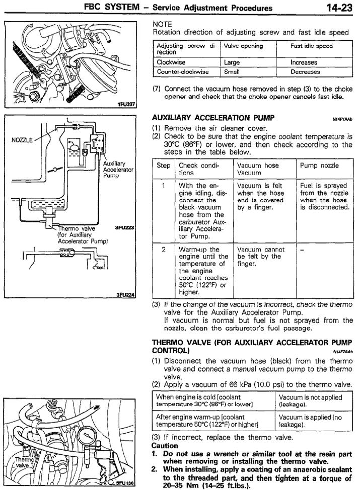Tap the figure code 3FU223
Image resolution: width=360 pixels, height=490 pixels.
tap(124, 227)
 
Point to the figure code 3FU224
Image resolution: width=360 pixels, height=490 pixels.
tap(124, 294)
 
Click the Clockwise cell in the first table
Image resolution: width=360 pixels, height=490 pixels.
tap(172, 63)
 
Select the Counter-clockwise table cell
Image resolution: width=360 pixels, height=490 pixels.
tap(182, 72)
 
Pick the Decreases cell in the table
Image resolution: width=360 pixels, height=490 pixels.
tap(304, 72)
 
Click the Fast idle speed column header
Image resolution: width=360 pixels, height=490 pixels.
tap(311, 46)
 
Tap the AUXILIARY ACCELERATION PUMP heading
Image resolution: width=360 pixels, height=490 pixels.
tap(213, 118)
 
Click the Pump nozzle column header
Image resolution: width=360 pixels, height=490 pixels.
tap(319, 165)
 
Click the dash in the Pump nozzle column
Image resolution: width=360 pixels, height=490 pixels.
tap(302, 250)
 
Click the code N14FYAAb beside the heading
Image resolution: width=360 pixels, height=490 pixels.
tap(342, 120)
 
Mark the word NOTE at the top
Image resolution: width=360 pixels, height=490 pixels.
tap(162, 24)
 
